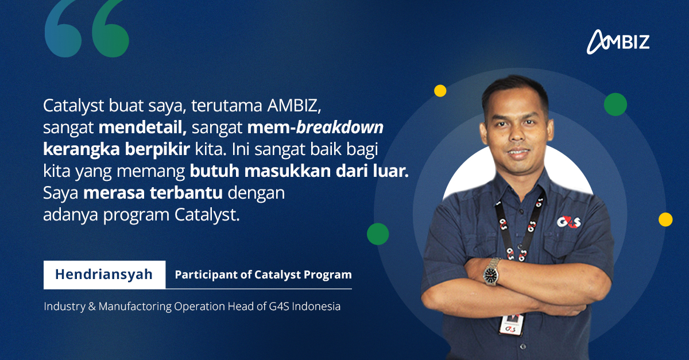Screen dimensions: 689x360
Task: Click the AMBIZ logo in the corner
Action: pos(618,42)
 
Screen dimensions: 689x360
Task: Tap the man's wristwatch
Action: pos(490,272)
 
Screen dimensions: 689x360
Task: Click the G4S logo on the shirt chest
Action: pos(569,222)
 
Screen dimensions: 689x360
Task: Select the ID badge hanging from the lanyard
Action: pos(511,324)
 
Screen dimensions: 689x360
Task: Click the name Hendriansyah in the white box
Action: pos(104,274)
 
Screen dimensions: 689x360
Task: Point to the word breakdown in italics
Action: pos(340,127)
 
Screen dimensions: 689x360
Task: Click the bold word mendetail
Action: pos(142,127)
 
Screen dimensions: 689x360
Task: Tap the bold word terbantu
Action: pos(186,193)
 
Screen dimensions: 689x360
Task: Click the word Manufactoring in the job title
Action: pos(135,307)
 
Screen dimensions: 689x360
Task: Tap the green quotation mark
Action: pos(110,29)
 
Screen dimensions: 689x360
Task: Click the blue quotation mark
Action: pos(63,29)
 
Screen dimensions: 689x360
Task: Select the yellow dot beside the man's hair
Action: pos(440,91)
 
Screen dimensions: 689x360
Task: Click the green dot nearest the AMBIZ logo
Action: pos(615,104)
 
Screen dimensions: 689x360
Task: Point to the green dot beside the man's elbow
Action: pos(378,234)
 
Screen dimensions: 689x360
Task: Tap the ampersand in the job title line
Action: pos(92,307)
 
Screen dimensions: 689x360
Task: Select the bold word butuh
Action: pos(214,171)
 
